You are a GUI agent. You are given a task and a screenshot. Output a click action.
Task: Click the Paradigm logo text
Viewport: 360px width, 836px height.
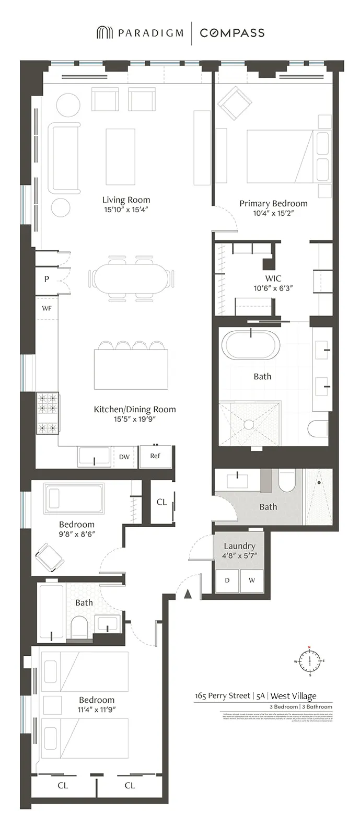pyautogui.click(x=150, y=33)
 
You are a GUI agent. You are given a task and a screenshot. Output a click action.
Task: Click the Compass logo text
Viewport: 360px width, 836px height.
pyautogui.click(x=232, y=33)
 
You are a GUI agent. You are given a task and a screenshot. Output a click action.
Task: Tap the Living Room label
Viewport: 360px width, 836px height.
pyautogui.click(x=126, y=200)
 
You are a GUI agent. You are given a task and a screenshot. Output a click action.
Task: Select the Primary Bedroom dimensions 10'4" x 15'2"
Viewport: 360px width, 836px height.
pyautogui.click(x=273, y=213)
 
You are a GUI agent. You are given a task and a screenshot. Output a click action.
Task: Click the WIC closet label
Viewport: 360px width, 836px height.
pyautogui.click(x=273, y=278)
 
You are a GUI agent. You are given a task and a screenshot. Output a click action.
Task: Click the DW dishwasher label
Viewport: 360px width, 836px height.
pyautogui.click(x=124, y=457)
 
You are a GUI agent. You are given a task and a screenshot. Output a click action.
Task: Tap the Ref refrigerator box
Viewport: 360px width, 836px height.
pyautogui.click(x=155, y=456)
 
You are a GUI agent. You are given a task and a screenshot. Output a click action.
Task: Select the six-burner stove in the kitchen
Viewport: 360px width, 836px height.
pyautogui.click(x=47, y=413)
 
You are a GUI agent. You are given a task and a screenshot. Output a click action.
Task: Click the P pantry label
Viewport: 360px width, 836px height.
pyautogui.click(x=47, y=279)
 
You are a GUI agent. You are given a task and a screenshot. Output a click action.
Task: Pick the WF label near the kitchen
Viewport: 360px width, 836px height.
pyautogui.click(x=47, y=308)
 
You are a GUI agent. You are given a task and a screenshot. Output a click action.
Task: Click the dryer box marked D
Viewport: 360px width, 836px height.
pyautogui.click(x=227, y=580)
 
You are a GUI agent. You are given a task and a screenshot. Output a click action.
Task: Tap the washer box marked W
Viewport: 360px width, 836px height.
pyautogui.click(x=252, y=580)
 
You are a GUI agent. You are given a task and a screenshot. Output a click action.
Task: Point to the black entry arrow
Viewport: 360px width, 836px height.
pyautogui.click(x=188, y=593)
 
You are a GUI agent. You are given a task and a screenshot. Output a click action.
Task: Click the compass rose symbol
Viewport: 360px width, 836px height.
pyautogui.click(x=309, y=661)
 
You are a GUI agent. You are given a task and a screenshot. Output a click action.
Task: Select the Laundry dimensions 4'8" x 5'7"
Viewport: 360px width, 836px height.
pyautogui.click(x=239, y=556)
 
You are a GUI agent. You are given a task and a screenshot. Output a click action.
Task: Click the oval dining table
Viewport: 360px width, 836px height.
pyautogui.click(x=131, y=277)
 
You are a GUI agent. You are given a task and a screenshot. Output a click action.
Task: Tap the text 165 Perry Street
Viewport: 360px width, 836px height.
pyautogui.click(x=223, y=695)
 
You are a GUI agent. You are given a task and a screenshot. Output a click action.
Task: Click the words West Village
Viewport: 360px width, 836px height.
pyautogui.click(x=293, y=695)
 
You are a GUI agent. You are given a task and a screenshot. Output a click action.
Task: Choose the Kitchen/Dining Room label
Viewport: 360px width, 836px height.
pyautogui.click(x=135, y=409)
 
